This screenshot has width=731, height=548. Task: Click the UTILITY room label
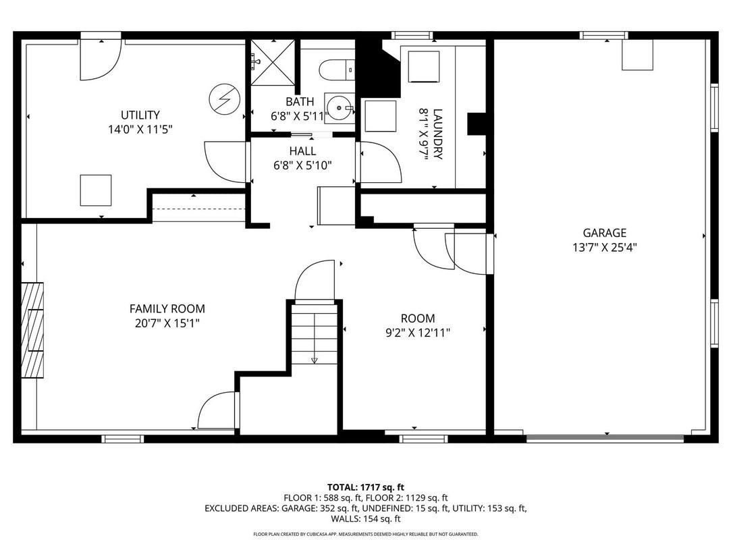click(140, 115)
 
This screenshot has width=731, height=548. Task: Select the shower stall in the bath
click(273, 64)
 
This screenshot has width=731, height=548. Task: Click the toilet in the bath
click(336, 68)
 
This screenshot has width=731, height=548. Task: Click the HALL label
click(302, 150)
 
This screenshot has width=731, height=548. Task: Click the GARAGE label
click(605, 233)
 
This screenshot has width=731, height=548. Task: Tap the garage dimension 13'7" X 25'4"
click(605, 247)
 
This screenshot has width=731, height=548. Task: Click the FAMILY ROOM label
click(167, 308)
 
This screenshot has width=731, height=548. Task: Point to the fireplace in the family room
click(32, 330)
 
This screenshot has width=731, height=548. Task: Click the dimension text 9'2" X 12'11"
click(417, 332)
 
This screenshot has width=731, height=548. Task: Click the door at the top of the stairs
click(315, 281)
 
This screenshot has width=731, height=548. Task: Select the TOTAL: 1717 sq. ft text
click(365, 487)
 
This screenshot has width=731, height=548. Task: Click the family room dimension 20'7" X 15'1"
click(167, 323)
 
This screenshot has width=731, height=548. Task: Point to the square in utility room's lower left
click(96, 190)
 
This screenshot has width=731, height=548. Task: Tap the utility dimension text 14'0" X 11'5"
click(140, 129)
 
